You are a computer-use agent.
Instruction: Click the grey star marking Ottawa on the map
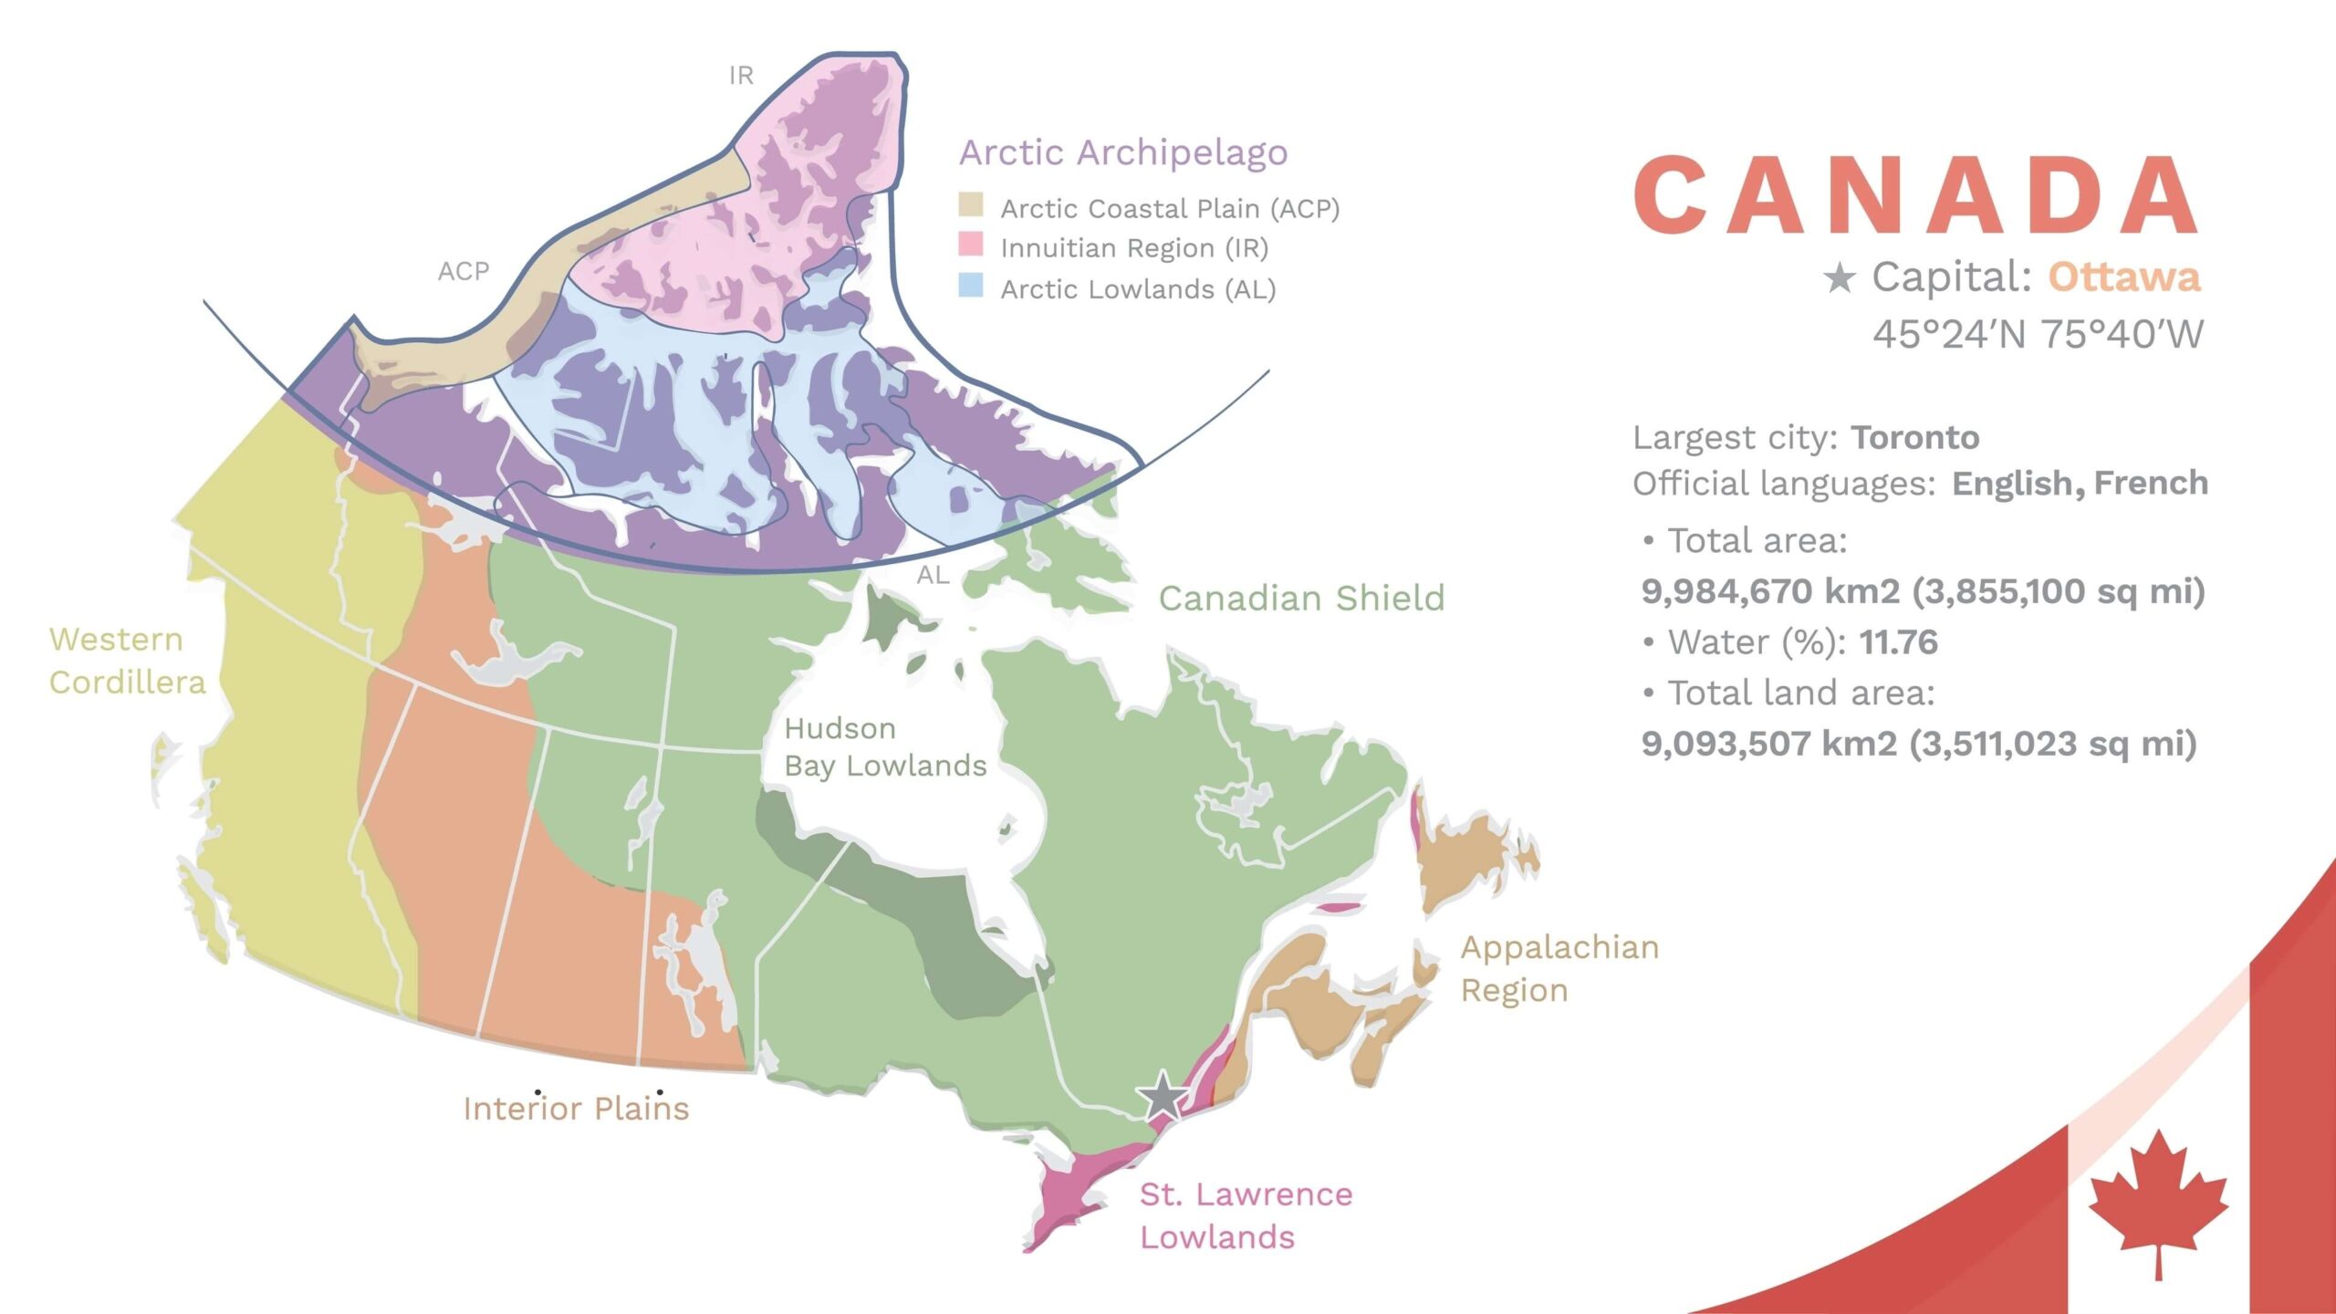(1163, 1096)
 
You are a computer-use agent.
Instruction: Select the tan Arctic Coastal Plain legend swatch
(971, 205)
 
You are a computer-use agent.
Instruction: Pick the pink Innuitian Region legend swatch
(971, 245)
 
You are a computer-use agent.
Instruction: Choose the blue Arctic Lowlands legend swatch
(971, 286)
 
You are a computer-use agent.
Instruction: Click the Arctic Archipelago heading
(1123, 152)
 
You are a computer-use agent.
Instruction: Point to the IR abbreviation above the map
(741, 76)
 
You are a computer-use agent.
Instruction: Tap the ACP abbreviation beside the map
(464, 271)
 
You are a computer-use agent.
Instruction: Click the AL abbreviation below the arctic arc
(933, 575)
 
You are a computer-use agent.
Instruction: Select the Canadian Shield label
(1301, 599)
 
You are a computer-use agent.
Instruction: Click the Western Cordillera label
(127, 661)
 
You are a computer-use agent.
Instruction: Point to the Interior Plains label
(576, 1108)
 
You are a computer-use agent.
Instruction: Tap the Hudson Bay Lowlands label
(885, 746)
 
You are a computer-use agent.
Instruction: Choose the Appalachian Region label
(1559, 968)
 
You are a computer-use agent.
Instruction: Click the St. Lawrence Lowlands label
(1246, 1215)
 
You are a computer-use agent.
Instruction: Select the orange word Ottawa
(2124, 276)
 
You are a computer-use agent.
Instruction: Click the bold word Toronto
(1915, 438)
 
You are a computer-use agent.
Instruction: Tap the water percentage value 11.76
(1898, 642)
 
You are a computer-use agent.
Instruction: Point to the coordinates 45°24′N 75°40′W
(2038, 335)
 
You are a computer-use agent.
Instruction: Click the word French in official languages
(2151, 483)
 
